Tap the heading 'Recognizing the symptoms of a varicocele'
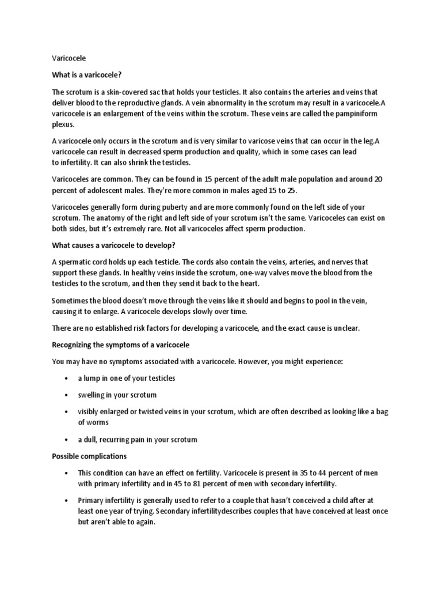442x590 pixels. pos(120,345)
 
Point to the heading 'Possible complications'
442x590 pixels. pos(89,456)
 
